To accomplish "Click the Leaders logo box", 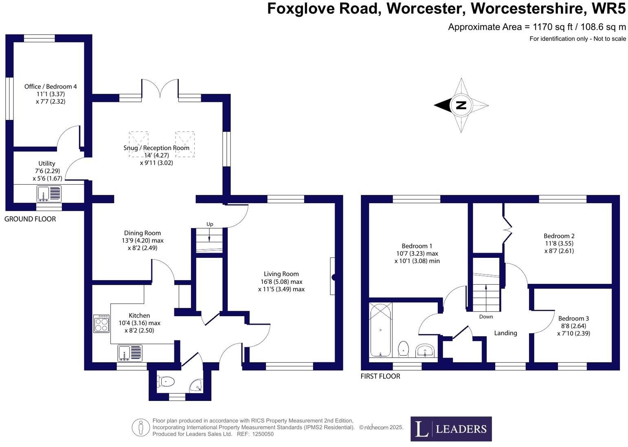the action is pyautogui.click(x=451, y=429).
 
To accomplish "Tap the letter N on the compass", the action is pyautogui.click(x=461, y=105).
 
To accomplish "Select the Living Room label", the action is pyautogui.click(x=281, y=274).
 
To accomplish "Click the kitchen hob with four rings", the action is pyautogui.click(x=101, y=323).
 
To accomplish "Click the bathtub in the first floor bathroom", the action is pyautogui.click(x=380, y=330).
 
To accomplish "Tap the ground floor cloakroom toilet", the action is pyautogui.click(x=167, y=382).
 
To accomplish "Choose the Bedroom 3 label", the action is pyautogui.click(x=573, y=319).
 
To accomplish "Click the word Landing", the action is pyautogui.click(x=505, y=333).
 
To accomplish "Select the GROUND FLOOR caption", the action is pyautogui.click(x=30, y=219).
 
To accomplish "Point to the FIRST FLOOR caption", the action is pyautogui.click(x=380, y=376).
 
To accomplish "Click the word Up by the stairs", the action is pyautogui.click(x=210, y=224).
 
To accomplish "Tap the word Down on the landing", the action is pyautogui.click(x=486, y=316).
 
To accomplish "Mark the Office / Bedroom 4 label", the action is pyautogui.click(x=51, y=86).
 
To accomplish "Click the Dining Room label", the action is pyautogui.click(x=142, y=233).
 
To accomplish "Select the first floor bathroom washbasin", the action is pyautogui.click(x=426, y=350).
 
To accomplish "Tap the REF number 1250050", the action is pyautogui.click(x=263, y=434).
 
